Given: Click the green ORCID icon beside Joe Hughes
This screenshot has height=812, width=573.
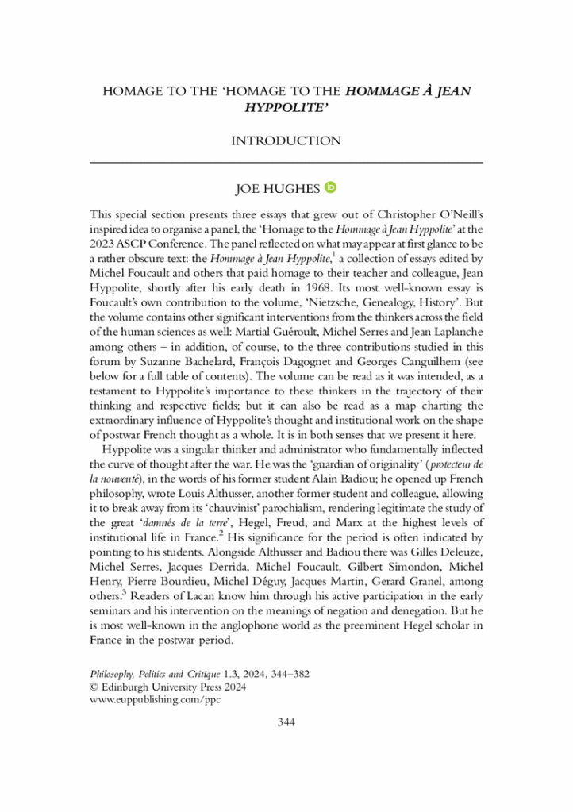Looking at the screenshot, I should [331, 187].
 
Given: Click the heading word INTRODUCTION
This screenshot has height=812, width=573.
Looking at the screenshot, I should [286, 140].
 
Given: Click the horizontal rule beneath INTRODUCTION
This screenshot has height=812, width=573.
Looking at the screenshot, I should [286, 162].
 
